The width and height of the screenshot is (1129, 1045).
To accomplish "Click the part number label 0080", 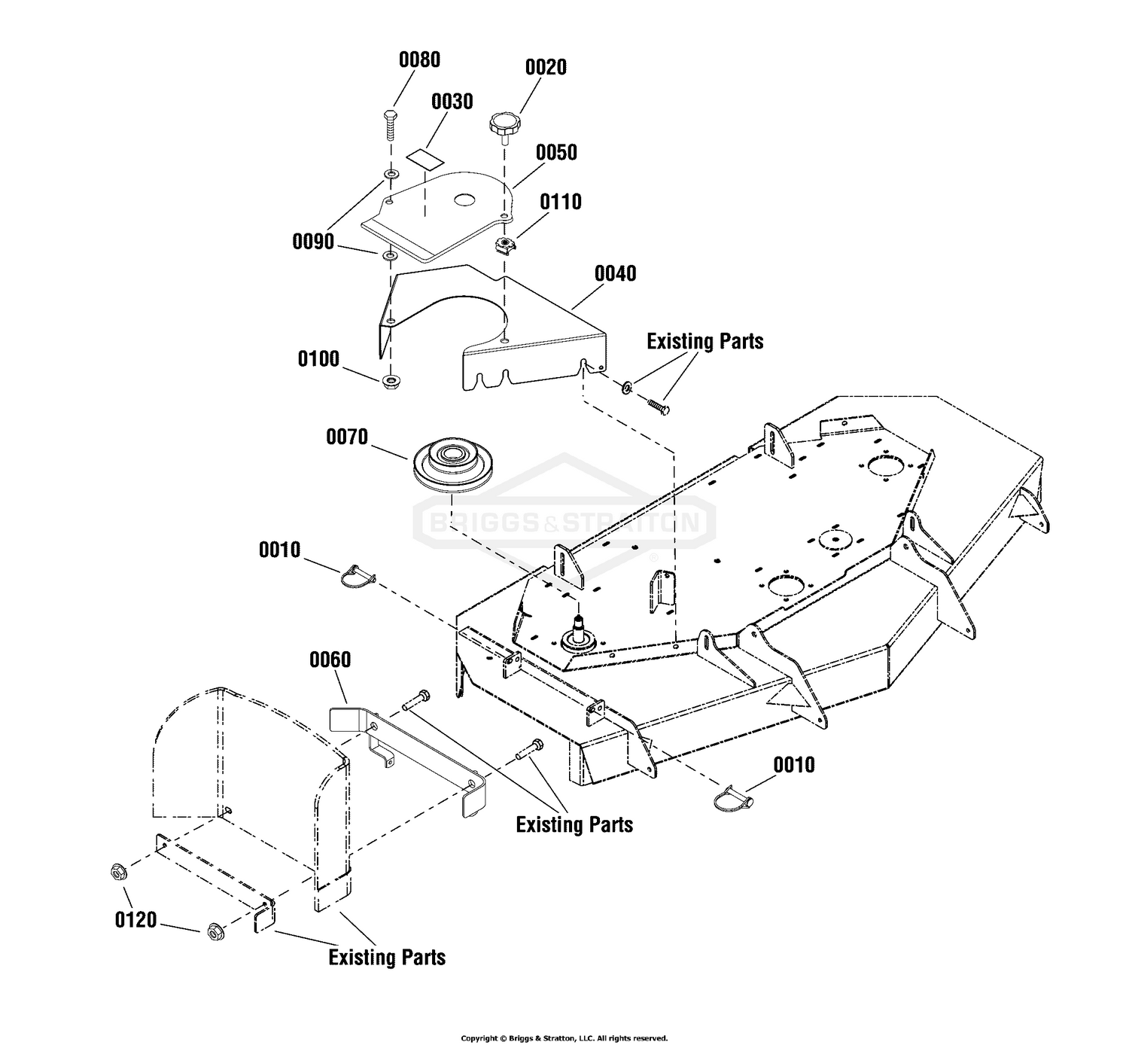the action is pyautogui.click(x=419, y=59).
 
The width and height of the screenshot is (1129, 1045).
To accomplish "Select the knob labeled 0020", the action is pyautogui.click(x=505, y=124).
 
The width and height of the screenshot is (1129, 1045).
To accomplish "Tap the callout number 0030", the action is pyautogui.click(x=452, y=102).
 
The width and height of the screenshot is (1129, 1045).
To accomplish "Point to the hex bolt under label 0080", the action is pyautogui.click(x=391, y=123).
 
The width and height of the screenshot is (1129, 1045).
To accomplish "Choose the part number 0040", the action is pyautogui.click(x=615, y=273).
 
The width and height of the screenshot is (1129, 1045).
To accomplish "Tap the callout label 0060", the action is pyautogui.click(x=330, y=660).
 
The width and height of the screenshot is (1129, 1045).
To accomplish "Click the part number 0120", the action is pyautogui.click(x=136, y=920).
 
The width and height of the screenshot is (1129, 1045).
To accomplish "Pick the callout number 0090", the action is pyautogui.click(x=313, y=242).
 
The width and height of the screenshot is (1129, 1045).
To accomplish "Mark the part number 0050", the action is pyautogui.click(x=556, y=152).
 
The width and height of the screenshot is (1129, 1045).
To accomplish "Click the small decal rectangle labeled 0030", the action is pyautogui.click(x=425, y=158).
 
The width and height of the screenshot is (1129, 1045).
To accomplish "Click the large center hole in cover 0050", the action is pyautogui.click(x=464, y=200).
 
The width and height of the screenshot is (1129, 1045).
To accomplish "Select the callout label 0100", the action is pyautogui.click(x=318, y=359).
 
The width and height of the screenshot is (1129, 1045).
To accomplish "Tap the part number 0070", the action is pyautogui.click(x=347, y=437).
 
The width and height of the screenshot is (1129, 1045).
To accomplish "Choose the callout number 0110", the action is pyautogui.click(x=561, y=202).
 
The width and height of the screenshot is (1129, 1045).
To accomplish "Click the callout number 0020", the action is pyautogui.click(x=546, y=67).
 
